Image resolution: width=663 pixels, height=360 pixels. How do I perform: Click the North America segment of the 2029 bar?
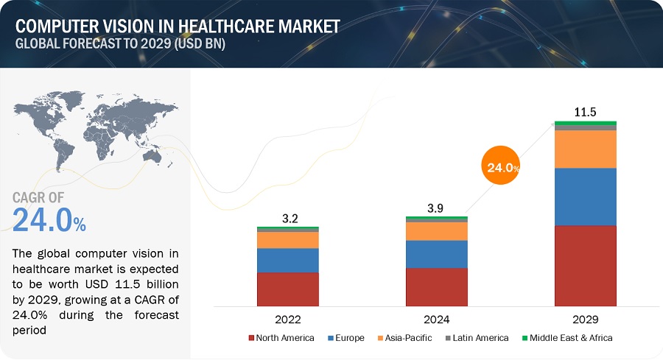(x=585, y=265)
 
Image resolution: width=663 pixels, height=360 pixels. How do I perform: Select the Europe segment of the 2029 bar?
(x=585, y=197)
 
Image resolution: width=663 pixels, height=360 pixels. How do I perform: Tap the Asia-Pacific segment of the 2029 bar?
(x=585, y=149)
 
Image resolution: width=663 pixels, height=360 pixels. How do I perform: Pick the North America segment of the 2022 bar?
(x=288, y=289)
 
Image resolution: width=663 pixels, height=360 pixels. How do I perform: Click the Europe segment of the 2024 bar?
(x=436, y=254)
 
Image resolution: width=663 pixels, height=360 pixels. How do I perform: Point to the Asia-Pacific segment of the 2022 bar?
(x=288, y=240)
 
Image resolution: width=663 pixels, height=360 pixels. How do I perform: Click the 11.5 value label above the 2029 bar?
(x=585, y=113)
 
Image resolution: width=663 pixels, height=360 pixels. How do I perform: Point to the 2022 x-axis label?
(x=288, y=320)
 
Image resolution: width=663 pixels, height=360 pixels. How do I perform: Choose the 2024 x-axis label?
(x=436, y=320)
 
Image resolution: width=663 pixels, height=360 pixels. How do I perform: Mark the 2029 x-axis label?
(x=585, y=320)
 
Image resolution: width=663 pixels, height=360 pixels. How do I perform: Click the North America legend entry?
(x=281, y=338)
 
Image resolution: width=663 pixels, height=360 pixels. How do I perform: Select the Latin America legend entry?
(x=477, y=338)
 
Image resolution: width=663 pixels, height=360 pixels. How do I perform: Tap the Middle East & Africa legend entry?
(x=567, y=338)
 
